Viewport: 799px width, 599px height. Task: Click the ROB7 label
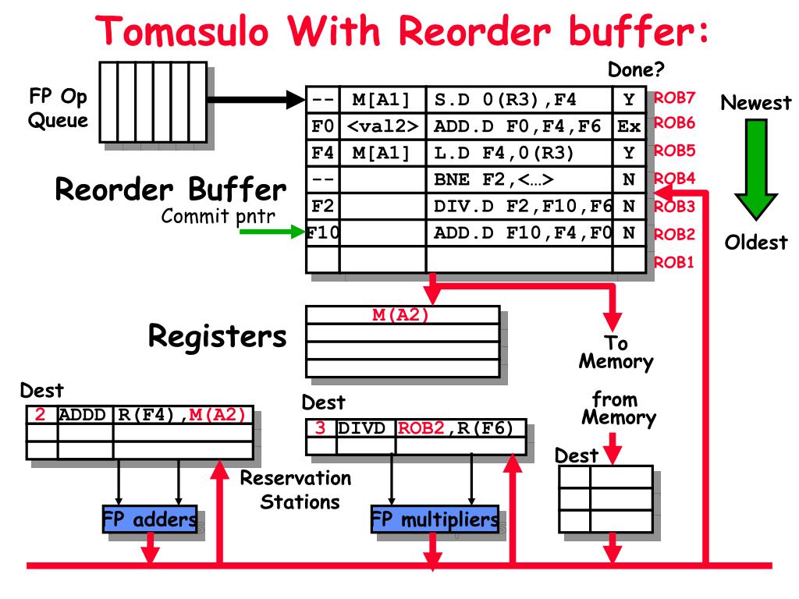tap(674, 98)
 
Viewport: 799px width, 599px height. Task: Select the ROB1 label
tap(674, 261)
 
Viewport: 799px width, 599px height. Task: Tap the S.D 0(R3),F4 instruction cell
tap(519, 99)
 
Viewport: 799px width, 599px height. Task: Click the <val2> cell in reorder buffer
tap(382, 125)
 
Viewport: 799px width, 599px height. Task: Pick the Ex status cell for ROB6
tap(628, 125)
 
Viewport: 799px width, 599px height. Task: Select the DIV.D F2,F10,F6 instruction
tap(519, 206)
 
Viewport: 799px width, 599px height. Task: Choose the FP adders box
tap(149, 519)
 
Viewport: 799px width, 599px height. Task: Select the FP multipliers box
tap(434, 519)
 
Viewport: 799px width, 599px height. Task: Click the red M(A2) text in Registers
tap(402, 314)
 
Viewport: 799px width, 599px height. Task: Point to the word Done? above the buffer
tap(636, 70)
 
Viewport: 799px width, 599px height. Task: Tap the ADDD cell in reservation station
tap(85, 415)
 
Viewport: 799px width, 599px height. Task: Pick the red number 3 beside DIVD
tap(320, 428)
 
